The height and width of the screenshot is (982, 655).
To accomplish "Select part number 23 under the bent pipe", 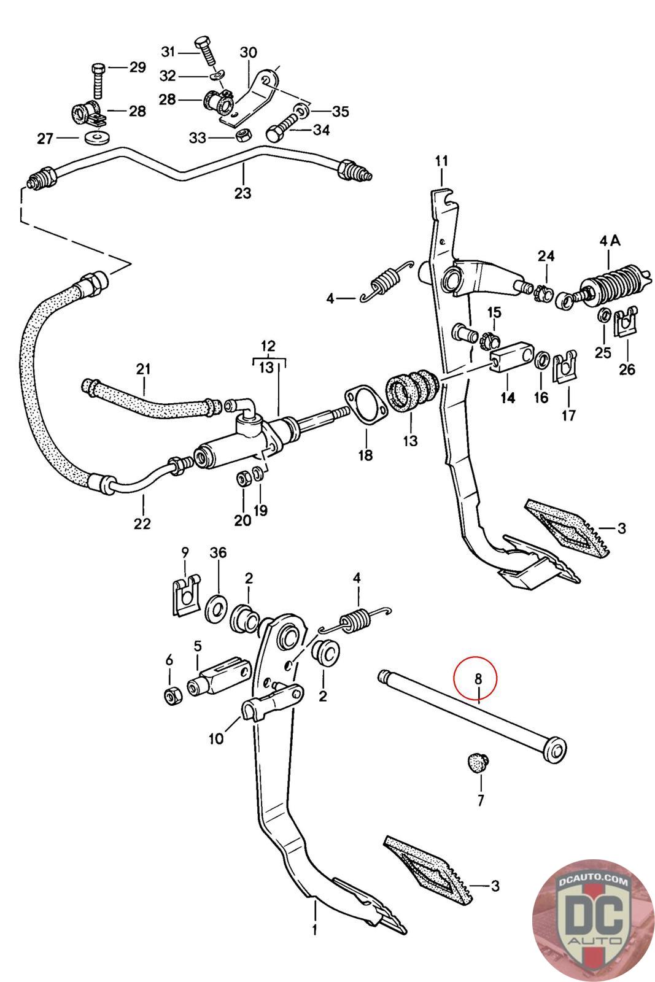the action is click(x=242, y=193).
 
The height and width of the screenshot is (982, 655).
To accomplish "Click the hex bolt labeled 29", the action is click(x=98, y=81).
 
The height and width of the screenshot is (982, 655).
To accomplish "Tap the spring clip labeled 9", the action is click(x=185, y=597).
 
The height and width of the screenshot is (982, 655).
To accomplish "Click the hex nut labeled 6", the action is click(x=171, y=695).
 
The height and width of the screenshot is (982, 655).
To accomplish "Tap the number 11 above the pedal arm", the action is click(x=441, y=161).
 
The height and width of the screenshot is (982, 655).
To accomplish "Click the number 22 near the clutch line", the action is click(x=142, y=523).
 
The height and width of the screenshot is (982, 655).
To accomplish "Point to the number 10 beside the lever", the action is click(x=215, y=739).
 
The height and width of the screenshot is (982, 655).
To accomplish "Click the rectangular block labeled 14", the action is click(x=511, y=357).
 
